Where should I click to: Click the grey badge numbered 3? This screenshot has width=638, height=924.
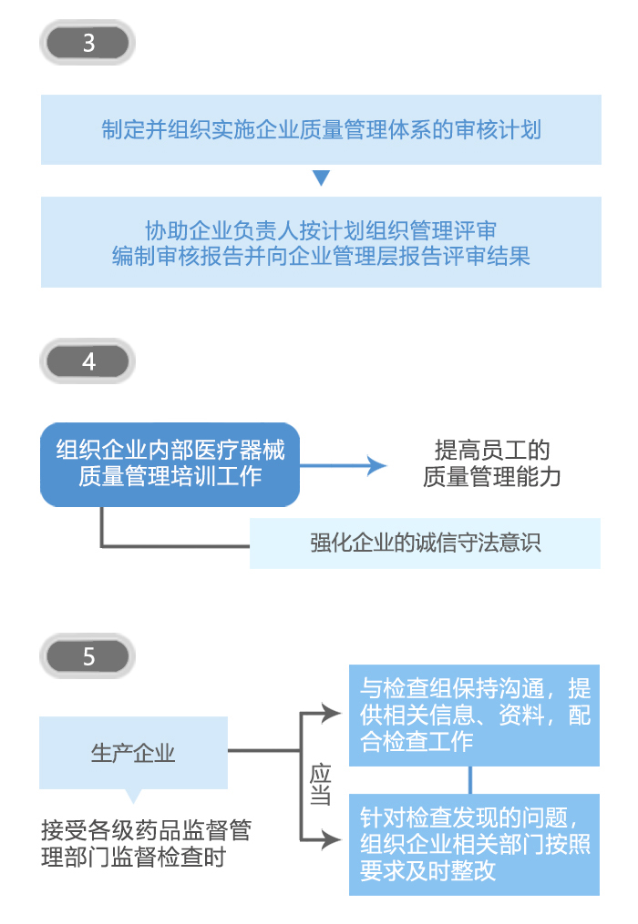(88, 43)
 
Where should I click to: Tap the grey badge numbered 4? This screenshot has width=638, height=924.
(88, 361)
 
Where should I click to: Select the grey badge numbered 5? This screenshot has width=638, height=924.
(88, 656)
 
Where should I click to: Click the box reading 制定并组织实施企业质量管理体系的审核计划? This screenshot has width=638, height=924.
(321, 129)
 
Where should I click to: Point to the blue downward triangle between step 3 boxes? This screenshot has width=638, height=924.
(321, 178)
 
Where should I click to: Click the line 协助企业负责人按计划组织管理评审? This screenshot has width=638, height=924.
(321, 228)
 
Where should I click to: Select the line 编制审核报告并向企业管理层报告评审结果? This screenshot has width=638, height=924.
(321, 255)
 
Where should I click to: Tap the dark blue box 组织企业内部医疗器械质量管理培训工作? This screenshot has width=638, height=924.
(170, 463)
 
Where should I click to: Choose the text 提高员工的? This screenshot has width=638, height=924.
(491, 450)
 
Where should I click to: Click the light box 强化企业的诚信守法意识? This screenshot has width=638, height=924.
(425, 543)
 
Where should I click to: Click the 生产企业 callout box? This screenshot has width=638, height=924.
(134, 752)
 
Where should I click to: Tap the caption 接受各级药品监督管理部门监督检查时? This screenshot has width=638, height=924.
(145, 844)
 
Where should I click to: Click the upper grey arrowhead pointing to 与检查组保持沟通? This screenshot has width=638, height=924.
(330, 714)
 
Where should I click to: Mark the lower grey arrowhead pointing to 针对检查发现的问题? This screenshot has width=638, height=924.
(330, 839)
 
